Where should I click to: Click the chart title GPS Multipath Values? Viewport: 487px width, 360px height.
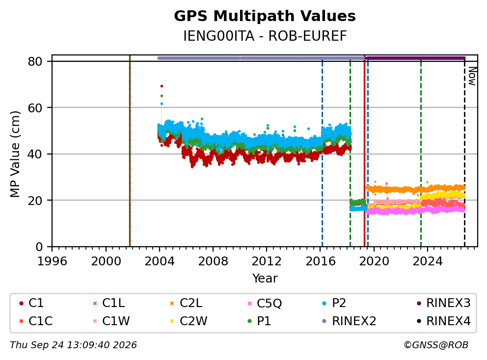265,16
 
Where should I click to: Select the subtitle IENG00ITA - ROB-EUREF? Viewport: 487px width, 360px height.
265,36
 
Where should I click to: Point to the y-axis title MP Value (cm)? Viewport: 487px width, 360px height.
15,154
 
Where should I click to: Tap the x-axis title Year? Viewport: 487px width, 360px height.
265,278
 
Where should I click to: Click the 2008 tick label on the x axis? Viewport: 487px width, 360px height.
213,261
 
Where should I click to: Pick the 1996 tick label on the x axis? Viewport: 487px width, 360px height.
52,261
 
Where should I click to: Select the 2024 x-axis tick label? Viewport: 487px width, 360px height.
428,261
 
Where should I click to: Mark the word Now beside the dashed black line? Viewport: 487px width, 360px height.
472,76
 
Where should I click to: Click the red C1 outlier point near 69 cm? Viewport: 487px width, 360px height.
162,86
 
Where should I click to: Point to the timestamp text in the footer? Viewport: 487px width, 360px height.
73,345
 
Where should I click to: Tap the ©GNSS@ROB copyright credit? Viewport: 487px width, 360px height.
436,345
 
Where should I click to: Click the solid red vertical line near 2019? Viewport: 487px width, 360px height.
364,151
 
